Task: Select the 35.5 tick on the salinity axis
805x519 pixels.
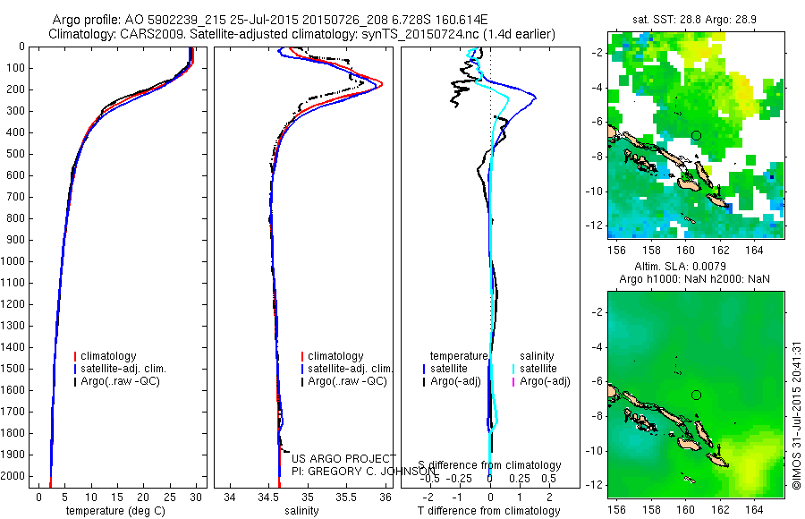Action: pos(346,497)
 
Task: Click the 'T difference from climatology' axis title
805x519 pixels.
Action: pos(490,511)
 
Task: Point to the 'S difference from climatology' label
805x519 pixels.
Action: pos(490,465)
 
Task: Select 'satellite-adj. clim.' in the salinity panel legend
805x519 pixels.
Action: pos(351,369)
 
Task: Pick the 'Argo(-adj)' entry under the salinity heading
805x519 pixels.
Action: pos(545,382)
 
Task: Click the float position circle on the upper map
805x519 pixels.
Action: pos(696,135)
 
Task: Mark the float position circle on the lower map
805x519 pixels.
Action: pos(696,395)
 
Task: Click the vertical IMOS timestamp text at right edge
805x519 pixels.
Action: pos(796,416)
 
